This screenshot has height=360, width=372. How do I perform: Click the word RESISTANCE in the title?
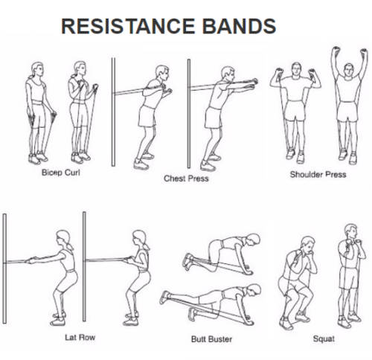pos(128,26)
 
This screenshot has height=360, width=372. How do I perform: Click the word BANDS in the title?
pos(240,26)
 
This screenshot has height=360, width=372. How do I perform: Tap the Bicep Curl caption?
pos(61,173)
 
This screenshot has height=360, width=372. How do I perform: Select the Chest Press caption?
pos(186,179)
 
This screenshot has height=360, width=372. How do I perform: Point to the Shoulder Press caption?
pos(318,175)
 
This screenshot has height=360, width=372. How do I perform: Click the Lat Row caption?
pos(80,338)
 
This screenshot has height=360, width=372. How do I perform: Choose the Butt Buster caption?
pos(211,339)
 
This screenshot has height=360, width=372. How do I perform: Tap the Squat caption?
pos(324,338)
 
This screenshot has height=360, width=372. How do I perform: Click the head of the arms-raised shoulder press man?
pos(349,70)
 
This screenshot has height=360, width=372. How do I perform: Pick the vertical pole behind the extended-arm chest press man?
pos(189,114)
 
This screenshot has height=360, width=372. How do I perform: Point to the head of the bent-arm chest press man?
pos(162,73)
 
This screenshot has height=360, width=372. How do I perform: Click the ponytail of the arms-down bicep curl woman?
pos(31,75)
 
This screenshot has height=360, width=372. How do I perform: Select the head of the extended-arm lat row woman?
pos(62,238)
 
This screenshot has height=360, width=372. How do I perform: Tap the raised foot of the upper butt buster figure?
pos(189,261)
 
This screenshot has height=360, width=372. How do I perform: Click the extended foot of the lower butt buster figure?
pos(165,298)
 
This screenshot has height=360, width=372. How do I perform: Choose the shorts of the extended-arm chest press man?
pos(214,118)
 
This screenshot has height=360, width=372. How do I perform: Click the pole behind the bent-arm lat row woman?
pos(84,266)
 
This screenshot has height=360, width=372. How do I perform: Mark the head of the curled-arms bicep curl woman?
pos(80,69)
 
